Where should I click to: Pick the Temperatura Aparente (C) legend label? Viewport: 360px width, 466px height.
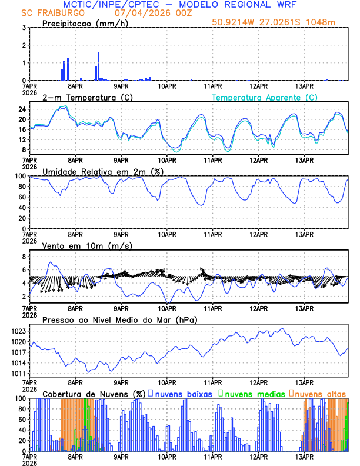pos(264,97)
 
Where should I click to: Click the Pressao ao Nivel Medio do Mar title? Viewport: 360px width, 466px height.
pos(119,319)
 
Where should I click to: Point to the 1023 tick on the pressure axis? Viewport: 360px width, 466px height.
pos(19,331)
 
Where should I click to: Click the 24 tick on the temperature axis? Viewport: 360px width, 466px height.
pos(21,109)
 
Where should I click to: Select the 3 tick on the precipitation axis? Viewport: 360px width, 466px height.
pos(24,28)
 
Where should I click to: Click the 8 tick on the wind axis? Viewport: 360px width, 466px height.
pos(24,257)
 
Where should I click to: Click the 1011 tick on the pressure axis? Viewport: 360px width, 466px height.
pos(19,374)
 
